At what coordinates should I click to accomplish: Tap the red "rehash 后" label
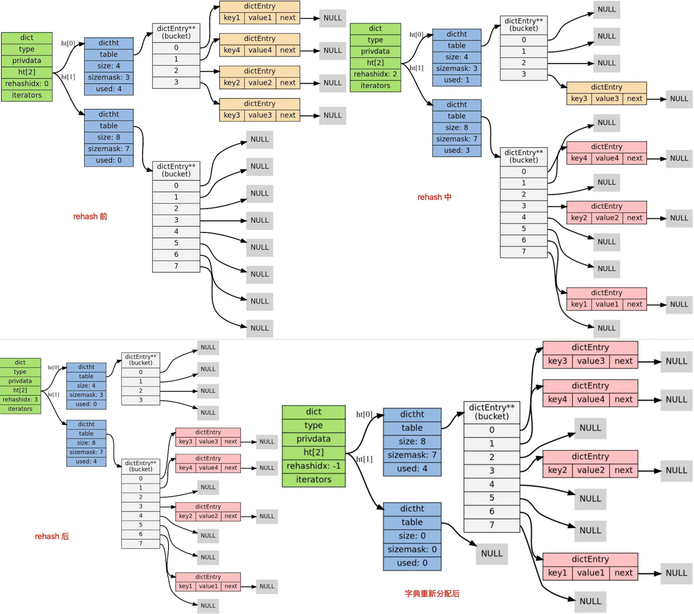tap(52, 536)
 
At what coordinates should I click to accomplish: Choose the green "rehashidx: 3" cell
tap(20, 400)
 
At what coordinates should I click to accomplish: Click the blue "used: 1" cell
tap(457, 80)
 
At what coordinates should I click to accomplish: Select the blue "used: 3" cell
tap(457, 150)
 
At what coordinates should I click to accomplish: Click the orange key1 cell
tap(232, 18)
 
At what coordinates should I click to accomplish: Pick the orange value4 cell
tap(260, 50)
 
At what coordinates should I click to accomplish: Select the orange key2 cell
tap(232, 83)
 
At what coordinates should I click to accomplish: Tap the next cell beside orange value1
tap(288, 18)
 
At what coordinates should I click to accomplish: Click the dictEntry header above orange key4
tap(259, 39)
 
